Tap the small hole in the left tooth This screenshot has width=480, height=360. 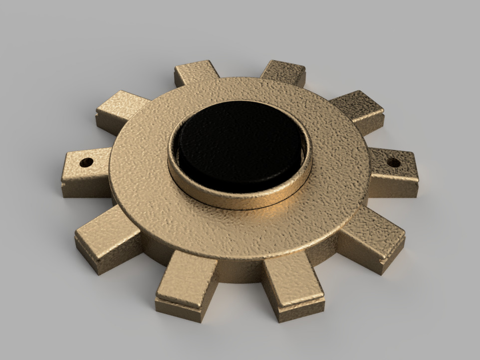click(86, 163)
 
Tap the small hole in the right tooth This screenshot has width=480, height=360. click(393, 163)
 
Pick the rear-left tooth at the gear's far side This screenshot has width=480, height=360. click(196, 72)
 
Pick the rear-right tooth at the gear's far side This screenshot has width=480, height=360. click(283, 72)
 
